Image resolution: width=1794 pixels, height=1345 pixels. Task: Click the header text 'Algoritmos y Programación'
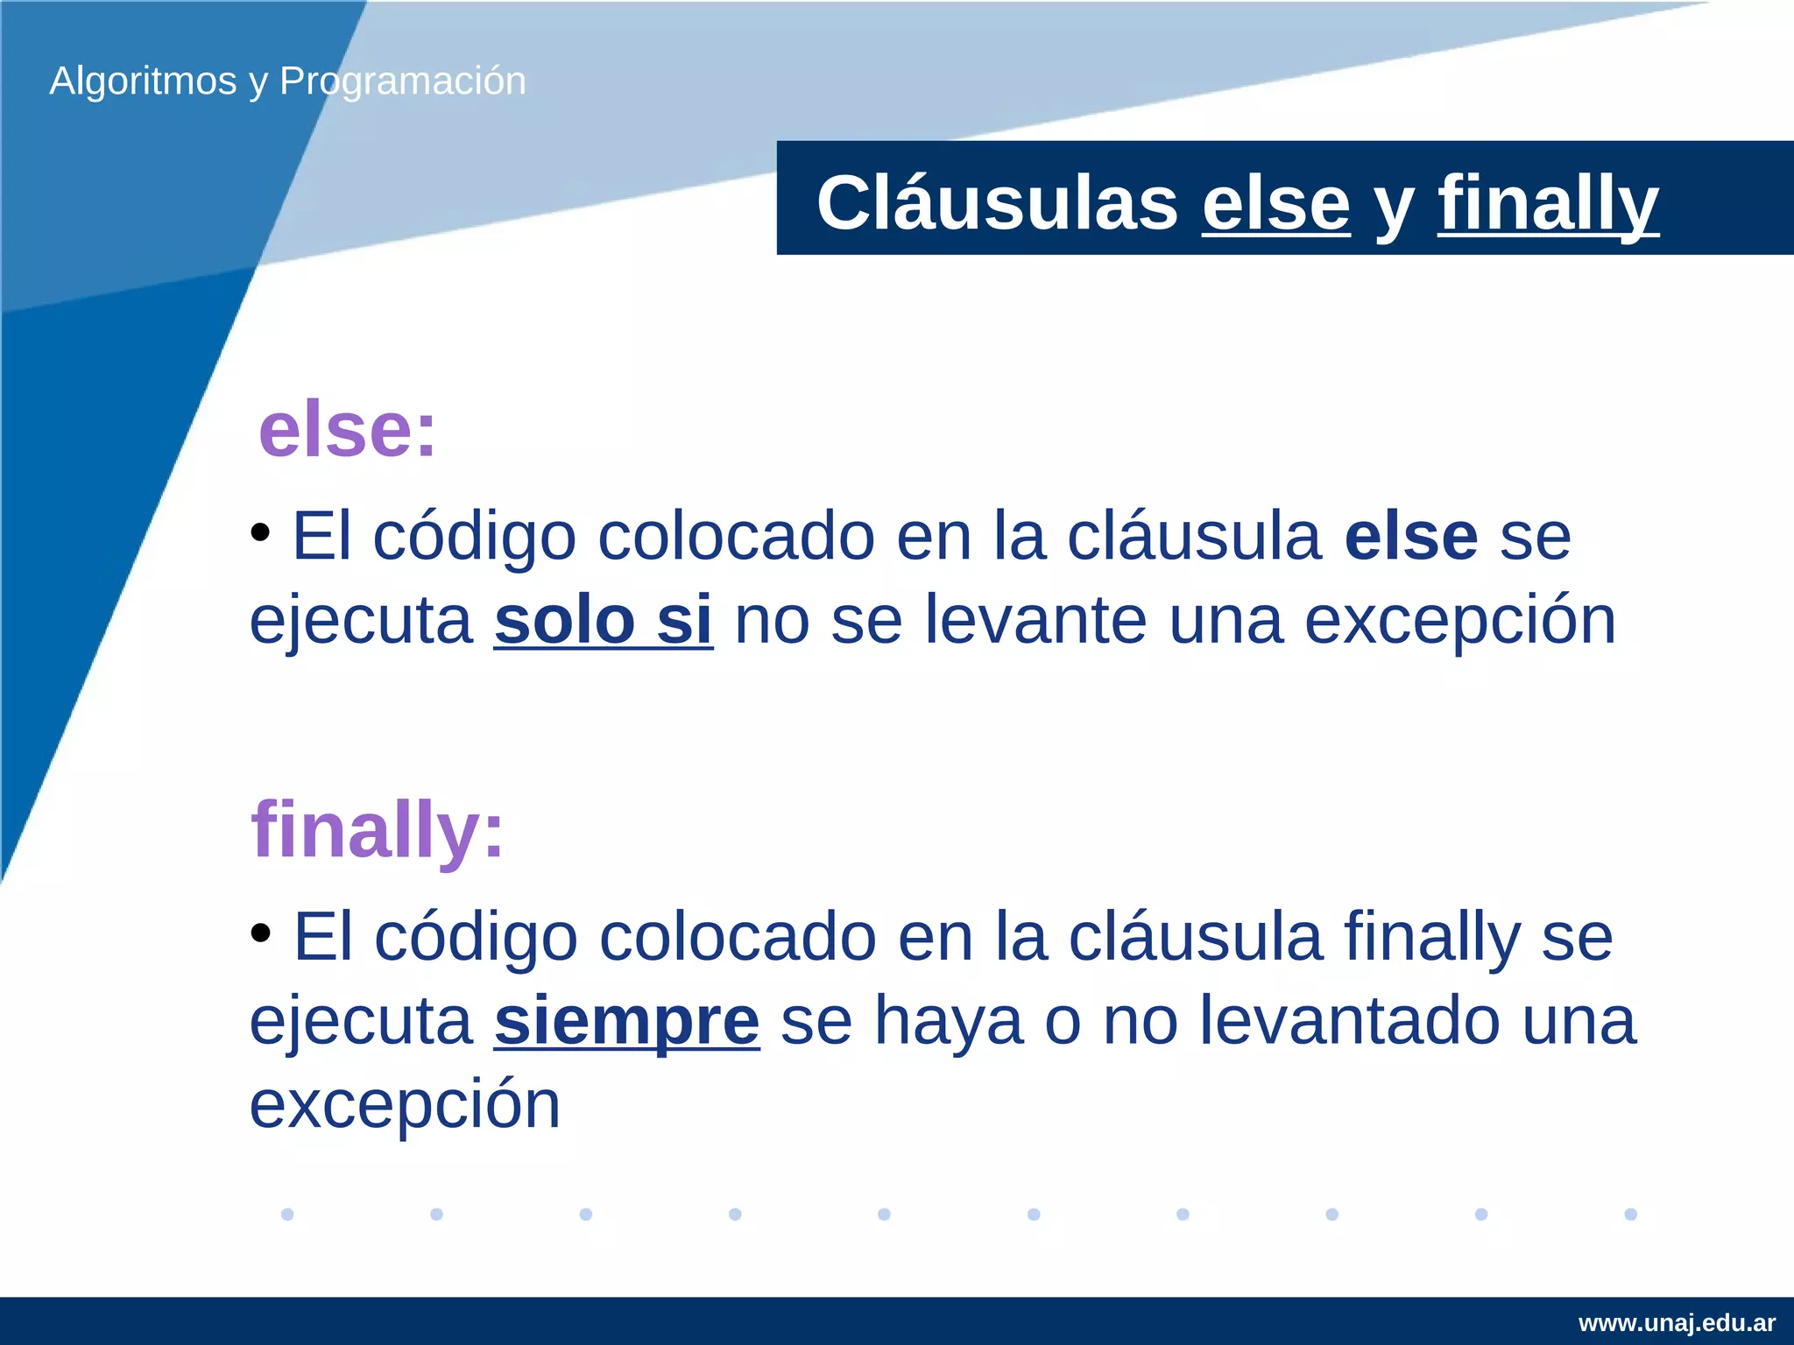(x=287, y=81)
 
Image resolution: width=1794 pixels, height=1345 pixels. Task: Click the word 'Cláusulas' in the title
(x=997, y=203)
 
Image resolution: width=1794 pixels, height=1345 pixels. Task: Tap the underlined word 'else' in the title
(x=1275, y=203)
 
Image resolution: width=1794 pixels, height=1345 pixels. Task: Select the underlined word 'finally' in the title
(x=1548, y=203)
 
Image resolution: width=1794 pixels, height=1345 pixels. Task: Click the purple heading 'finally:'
(x=378, y=829)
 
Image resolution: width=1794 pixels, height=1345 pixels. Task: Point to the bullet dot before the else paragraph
(x=260, y=532)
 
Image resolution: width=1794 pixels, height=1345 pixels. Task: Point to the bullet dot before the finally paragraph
(x=260, y=933)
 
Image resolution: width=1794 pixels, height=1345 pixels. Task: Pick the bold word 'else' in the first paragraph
(x=1411, y=537)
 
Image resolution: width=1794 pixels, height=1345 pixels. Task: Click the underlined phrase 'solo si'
(x=603, y=620)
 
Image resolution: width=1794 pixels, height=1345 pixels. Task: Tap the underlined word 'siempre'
(x=626, y=1021)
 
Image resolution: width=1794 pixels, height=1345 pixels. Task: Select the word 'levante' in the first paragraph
(x=1035, y=620)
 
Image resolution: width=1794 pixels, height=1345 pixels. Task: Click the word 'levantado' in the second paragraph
(x=1350, y=1021)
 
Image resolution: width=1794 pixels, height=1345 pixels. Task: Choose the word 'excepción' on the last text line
(x=405, y=1105)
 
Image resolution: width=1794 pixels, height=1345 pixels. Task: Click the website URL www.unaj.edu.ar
(x=1677, y=1322)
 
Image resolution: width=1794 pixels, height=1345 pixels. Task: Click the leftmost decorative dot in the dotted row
(x=287, y=1214)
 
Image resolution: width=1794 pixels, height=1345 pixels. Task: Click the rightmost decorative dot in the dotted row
(x=1630, y=1214)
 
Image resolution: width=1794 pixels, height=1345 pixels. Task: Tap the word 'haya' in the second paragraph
(x=949, y=1021)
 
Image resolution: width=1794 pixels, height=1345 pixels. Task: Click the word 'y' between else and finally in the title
(x=1394, y=207)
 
